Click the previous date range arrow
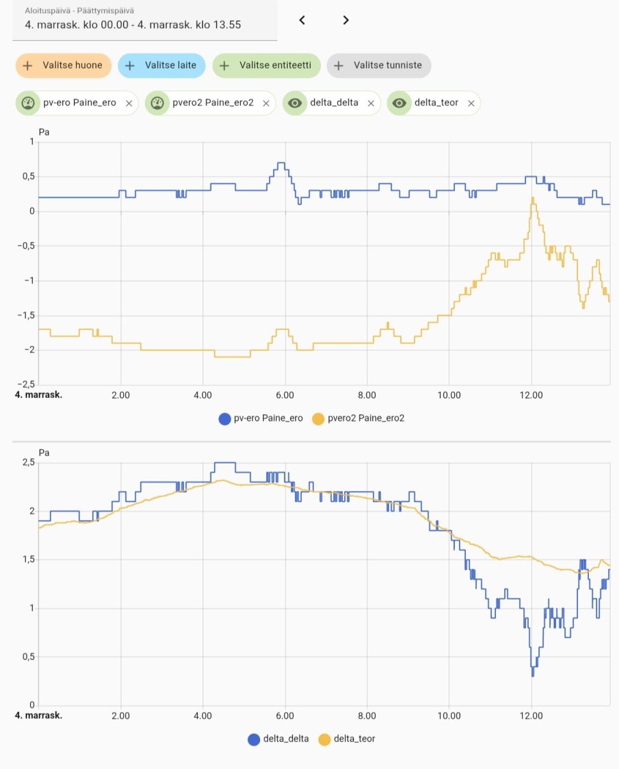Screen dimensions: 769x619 (302, 20)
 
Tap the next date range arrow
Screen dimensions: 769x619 (346, 20)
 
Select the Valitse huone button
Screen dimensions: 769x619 (63, 65)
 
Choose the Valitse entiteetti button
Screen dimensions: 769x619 (267, 65)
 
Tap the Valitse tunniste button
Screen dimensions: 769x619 (379, 65)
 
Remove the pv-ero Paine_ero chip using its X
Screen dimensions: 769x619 (129, 103)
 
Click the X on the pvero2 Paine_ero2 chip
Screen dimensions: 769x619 (265, 103)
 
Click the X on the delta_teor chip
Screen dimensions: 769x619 (471, 103)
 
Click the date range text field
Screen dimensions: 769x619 (145, 20)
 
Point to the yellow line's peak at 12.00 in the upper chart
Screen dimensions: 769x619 (532, 198)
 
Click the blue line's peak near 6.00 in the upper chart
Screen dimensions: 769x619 (281, 163)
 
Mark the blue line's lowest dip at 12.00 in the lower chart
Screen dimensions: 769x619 (532, 675)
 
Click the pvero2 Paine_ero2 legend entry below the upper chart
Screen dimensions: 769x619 (358, 418)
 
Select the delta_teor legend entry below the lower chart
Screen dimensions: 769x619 (347, 739)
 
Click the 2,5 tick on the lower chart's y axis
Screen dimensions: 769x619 (27, 463)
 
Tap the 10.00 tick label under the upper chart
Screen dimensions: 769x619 (449, 395)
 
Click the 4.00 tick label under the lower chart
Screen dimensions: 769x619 (202, 715)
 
